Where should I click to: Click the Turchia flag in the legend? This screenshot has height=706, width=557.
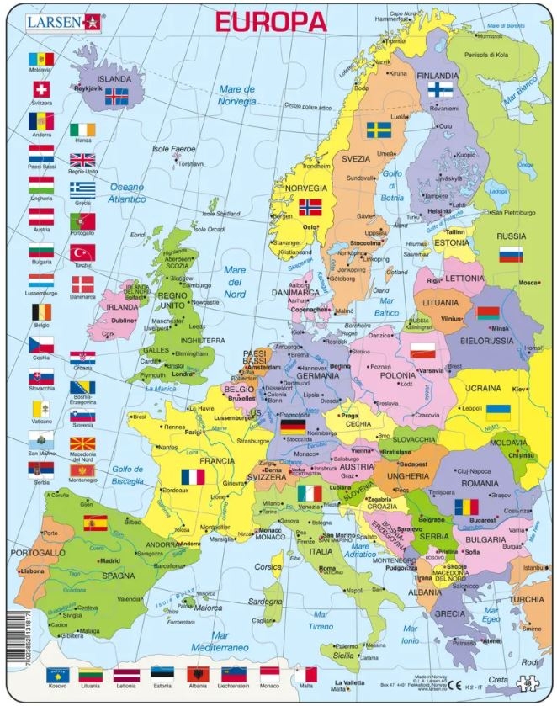82,252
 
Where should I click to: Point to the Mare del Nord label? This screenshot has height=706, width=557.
236,275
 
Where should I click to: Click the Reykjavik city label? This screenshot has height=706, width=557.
88,88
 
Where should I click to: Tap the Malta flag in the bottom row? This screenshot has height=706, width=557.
305,675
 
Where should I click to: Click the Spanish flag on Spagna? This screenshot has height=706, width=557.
95,523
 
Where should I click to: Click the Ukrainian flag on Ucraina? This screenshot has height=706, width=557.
499,412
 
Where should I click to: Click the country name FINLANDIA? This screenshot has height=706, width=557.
438,75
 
